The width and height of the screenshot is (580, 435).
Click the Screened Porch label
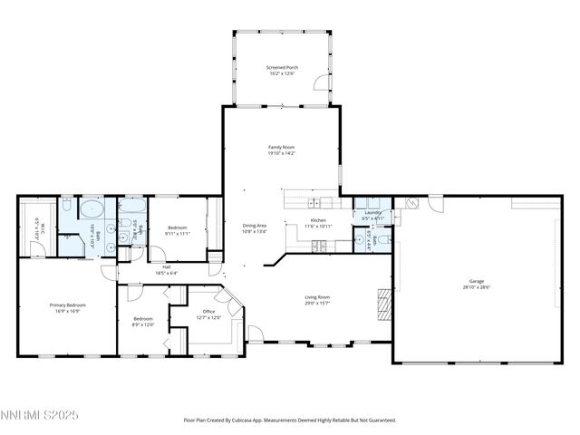281,71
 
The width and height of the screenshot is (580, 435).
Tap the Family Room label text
281,150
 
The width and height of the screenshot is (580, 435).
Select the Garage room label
477,284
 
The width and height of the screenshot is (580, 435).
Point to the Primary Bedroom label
68,308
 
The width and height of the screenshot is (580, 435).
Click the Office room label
208,314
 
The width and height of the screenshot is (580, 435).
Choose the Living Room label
316,300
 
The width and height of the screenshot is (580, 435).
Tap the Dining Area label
254,227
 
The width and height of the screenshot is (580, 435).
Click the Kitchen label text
318,223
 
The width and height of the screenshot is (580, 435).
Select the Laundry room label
372,216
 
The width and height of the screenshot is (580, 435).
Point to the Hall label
166,270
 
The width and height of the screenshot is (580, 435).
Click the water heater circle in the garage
410,204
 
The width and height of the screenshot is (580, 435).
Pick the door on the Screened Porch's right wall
318,84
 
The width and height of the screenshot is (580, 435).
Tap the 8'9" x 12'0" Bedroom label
143,321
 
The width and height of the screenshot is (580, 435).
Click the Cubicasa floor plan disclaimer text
290,420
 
